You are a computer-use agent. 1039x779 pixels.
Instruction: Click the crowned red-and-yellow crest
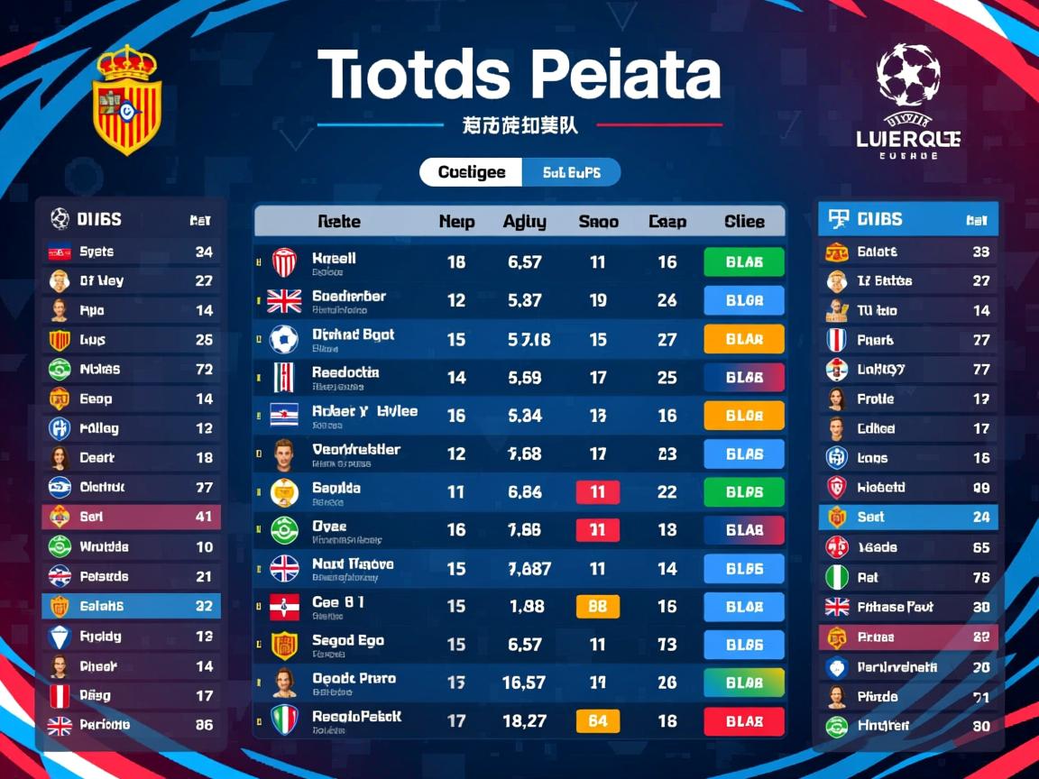point(127,101)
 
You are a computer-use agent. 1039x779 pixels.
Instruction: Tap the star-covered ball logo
point(908,75)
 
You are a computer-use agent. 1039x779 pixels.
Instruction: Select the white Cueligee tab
point(471,172)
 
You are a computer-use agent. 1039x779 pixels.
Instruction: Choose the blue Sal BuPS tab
point(572,172)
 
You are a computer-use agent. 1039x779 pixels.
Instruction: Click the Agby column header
point(524,221)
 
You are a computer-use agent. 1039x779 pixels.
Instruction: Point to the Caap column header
point(667,221)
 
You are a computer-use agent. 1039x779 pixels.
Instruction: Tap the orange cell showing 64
point(598,720)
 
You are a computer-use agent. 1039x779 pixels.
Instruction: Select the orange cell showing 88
point(598,607)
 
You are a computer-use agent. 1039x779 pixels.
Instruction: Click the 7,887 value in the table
point(529,569)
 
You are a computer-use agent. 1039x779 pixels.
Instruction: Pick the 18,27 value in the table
point(524,720)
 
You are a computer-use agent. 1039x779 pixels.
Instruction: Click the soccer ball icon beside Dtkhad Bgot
point(283,339)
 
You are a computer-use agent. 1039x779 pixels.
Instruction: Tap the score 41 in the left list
point(204,517)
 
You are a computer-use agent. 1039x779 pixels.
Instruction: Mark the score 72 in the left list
point(204,369)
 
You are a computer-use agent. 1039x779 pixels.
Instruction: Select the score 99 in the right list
point(981,488)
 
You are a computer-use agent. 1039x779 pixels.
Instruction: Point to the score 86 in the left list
point(204,725)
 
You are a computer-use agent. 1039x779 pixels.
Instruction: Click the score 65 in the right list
point(981,547)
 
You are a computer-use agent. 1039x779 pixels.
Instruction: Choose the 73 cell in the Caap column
point(667,645)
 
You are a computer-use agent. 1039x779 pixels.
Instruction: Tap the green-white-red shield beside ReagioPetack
point(283,719)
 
